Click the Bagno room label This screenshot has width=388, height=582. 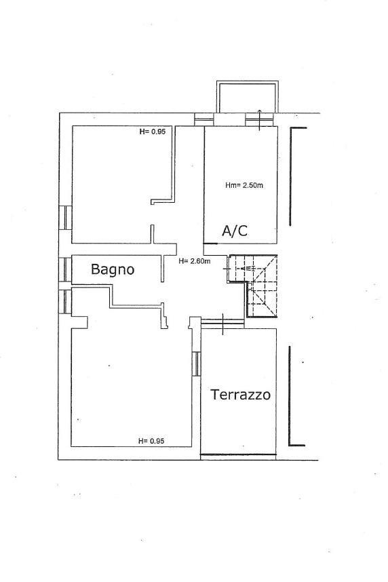(113, 269)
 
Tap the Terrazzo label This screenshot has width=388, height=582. (241, 394)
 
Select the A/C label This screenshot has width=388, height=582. (235, 231)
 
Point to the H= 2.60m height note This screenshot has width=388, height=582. (194, 261)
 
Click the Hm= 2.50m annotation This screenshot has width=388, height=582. (244, 185)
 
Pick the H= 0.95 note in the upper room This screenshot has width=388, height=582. (152, 131)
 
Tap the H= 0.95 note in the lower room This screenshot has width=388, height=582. (151, 441)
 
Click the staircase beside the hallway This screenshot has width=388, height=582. (253, 286)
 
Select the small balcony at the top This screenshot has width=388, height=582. (248, 96)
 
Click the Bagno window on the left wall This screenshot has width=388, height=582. (65, 269)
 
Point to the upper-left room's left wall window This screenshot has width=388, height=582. (65, 218)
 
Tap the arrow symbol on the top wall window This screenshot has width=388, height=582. (260, 120)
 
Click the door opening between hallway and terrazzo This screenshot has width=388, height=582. (222, 324)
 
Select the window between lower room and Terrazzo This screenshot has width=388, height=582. (197, 364)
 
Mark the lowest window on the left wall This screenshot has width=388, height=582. (64, 302)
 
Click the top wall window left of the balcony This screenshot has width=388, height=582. (204, 119)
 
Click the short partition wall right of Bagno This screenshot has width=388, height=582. (162, 268)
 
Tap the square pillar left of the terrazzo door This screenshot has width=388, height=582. (194, 323)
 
